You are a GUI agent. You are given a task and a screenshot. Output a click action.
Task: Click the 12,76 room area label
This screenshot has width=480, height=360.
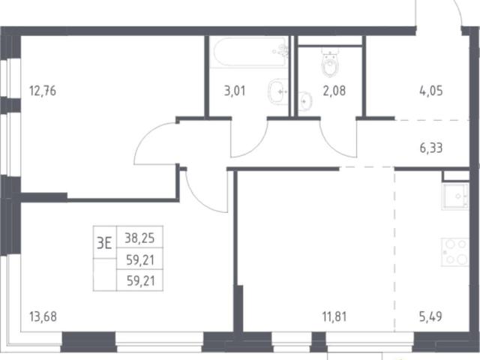pos(43,91)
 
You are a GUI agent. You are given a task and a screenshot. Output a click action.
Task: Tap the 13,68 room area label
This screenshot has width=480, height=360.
pos(43,316)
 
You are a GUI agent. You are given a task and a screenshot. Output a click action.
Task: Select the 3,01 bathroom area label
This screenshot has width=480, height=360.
pos(235,91)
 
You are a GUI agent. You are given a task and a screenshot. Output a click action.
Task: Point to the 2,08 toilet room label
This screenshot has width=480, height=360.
pos(334,91)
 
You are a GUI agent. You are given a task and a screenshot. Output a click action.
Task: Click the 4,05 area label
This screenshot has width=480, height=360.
pos(431,91)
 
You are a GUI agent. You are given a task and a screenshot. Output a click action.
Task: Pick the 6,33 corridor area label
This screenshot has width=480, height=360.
pos(431,148)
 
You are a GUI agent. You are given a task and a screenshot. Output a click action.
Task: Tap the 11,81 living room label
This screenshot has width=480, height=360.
pos(334,316)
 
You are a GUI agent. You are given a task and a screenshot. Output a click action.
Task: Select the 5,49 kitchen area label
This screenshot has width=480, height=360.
pos(430,316)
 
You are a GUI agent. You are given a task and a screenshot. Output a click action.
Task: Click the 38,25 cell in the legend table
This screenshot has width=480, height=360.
pos(139,238)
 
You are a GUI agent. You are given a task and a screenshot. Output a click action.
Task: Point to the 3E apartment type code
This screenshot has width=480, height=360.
pos(104,243)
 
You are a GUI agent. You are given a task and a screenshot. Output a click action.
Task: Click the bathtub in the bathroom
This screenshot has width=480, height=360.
pos(250,52)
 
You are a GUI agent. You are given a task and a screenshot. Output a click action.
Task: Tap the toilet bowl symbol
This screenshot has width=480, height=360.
pos(330,63)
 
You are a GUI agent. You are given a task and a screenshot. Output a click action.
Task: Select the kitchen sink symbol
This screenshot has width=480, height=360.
pos(455,196)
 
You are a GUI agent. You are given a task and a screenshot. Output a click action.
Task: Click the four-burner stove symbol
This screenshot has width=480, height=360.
pos(455,252)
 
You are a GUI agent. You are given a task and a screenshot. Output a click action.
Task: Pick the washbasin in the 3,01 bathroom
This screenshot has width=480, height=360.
pos(278,91)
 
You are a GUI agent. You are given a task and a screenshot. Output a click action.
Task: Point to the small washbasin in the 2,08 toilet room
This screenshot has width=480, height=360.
pos(305,101)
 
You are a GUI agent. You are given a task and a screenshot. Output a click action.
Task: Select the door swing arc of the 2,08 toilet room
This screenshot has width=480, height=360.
pos(330,147)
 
